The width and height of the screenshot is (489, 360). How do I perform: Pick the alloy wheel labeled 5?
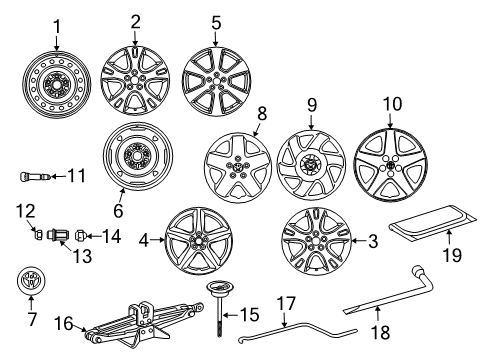pyautogui.click(x=215, y=79)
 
